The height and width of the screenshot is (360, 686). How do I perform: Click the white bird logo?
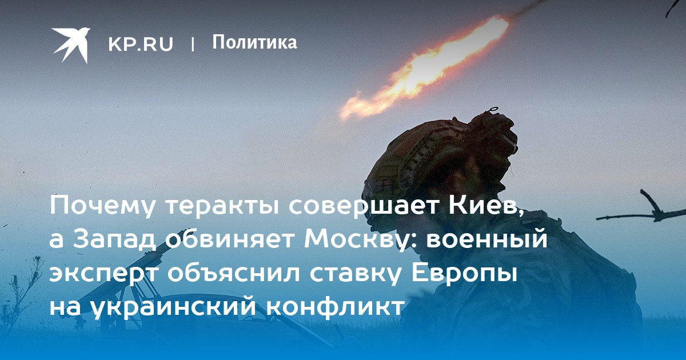[70, 45]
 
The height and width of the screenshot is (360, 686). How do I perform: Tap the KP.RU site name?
[141, 44]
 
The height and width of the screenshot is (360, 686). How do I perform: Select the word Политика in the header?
[254, 42]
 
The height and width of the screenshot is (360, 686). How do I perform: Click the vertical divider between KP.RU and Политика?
[193, 44]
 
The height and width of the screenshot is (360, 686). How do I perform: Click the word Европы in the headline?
[464, 273]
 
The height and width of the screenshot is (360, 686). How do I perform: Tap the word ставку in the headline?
[355, 273]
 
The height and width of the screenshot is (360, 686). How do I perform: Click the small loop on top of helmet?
[492, 110]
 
